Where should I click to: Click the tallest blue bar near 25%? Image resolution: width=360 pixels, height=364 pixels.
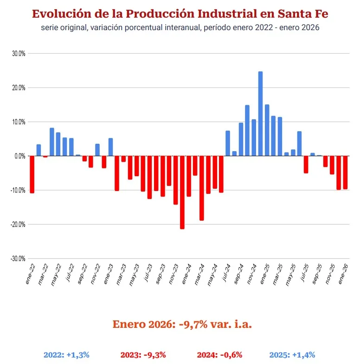pyautogui.click(x=260, y=114)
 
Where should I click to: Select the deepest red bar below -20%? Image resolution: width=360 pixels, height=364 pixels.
pyautogui.click(x=182, y=192)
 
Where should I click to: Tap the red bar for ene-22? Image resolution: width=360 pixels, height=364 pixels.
pyautogui.click(x=32, y=174)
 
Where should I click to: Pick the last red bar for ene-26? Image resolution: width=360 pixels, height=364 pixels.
pyautogui.click(x=345, y=172)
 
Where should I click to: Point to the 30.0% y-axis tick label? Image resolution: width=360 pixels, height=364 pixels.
pyautogui.click(x=19, y=53)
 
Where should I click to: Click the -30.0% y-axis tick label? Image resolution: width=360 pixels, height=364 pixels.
pyautogui.click(x=18, y=259)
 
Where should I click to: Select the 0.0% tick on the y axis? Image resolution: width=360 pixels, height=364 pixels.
pyautogui.click(x=19, y=156)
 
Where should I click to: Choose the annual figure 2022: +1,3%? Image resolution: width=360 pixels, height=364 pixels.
pyautogui.click(x=66, y=355)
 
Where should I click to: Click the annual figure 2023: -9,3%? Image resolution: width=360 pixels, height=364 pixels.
pyautogui.click(x=142, y=355)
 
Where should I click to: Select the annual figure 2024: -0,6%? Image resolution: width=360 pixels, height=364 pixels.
pyautogui.click(x=219, y=355)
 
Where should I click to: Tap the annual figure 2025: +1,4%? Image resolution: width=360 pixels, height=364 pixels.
pyautogui.click(x=292, y=355)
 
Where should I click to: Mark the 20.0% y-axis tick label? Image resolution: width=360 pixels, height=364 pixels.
pyautogui.click(x=19, y=88)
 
